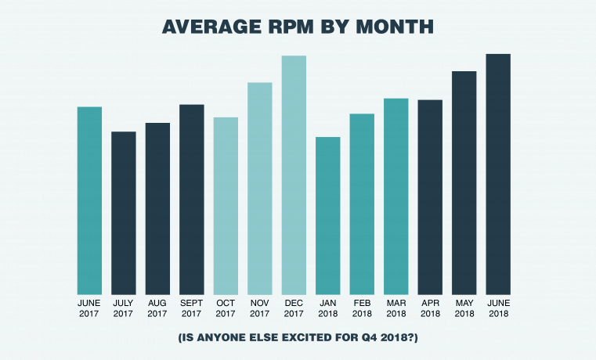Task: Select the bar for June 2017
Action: coord(89,200)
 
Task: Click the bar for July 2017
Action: coord(123,212)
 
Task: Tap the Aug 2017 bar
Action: coord(157,208)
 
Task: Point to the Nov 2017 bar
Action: coord(260,188)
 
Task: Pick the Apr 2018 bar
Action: coord(430,196)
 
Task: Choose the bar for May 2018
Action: coord(464,182)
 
